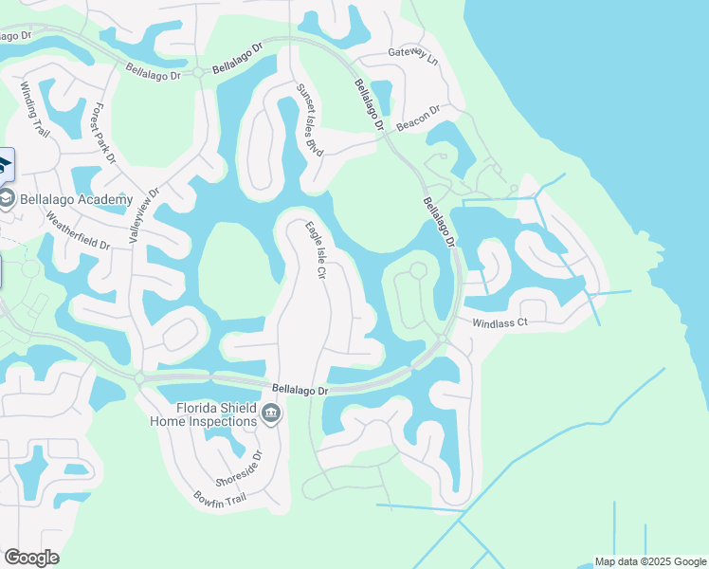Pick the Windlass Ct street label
[x=500, y=323]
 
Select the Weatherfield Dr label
[x=78, y=230]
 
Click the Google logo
[x=31, y=557]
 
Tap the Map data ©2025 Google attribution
[x=650, y=561]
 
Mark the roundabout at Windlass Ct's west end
[x=443, y=338]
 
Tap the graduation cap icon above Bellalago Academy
[x=5, y=167]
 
